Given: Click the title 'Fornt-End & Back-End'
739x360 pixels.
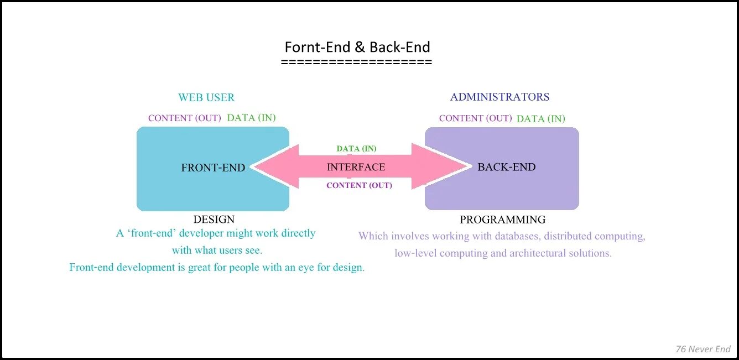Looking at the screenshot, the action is pyautogui.click(x=357, y=47).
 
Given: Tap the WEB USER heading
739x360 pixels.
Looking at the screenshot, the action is pyautogui.click(x=206, y=98).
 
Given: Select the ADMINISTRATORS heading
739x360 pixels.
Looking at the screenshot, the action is pyautogui.click(x=499, y=97).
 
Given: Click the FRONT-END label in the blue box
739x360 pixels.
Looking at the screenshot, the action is pyautogui.click(x=213, y=168).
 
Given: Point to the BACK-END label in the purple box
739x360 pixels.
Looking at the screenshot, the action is pyautogui.click(x=506, y=167).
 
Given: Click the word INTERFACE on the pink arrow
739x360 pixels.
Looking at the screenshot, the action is pyautogui.click(x=356, y=167).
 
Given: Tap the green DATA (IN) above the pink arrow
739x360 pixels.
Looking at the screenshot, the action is pyautogui.click(x=356, y=149).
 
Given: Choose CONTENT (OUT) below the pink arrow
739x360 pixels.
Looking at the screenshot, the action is pyautogui.click(x=359, y=186).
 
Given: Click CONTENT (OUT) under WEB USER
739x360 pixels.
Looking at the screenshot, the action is pyautogui.click(x=185, y=118).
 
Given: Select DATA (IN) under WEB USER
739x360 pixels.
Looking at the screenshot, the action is pyautogui.click(x=251, y=118).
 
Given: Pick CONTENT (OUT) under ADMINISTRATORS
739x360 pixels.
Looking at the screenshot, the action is pyautogui.click(x=476, y=118).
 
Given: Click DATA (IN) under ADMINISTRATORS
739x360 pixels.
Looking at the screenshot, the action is pyautogui.click(x=540, y=119).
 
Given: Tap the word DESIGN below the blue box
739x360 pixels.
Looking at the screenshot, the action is pyautogui.click(x=214, y=220).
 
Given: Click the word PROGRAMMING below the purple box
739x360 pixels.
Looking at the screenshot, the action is pyautogui.click(x=502, y=220).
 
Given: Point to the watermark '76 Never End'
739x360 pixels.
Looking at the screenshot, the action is pyautogui.click(x=703, y=349).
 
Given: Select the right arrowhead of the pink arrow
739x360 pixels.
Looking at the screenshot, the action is pyautogui.click(x=443, y=166).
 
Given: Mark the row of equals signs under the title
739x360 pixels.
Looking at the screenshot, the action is pyautogui.click(x=356, y=62).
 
